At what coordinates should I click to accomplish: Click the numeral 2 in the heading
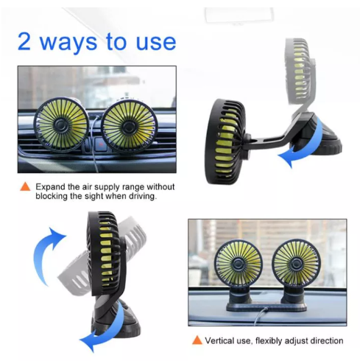coord(24,41)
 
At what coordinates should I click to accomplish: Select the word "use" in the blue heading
coord(156,43)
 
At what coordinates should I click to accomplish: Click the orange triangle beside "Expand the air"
coord(25,186)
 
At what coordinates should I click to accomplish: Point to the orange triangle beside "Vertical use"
coord(197,340)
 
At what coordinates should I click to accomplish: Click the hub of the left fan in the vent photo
coord(60,125)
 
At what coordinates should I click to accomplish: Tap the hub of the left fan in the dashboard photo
coord(238,264)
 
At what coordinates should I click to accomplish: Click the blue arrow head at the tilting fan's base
coord(88,341)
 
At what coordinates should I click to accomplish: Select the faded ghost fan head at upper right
coord(300,71)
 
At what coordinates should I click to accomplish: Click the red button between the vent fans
coord(100,144)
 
